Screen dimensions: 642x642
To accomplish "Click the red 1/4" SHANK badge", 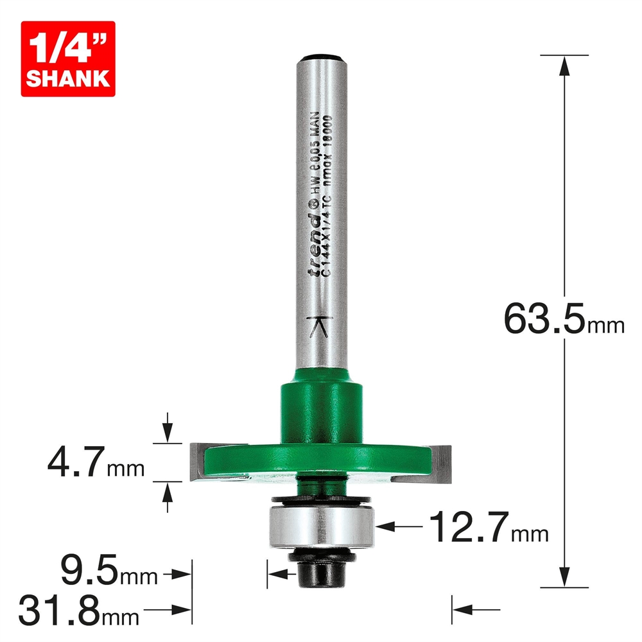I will tap(67, 58).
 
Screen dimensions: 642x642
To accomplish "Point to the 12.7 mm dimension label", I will tap(488, 526).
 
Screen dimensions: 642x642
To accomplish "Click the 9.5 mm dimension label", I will tap(108, 571).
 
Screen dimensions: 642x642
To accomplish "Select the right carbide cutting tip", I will tap(442, 462).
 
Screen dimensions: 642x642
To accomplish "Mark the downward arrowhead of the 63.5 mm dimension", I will tap(564, 578).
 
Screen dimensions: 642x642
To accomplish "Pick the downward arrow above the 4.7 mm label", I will tap(168, 433).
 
